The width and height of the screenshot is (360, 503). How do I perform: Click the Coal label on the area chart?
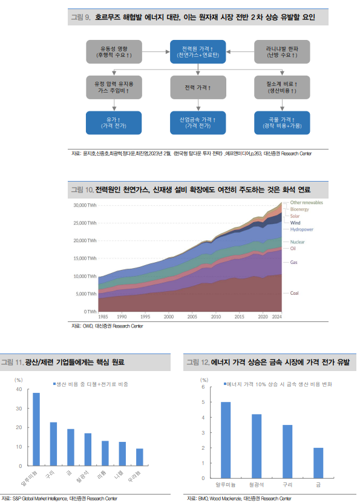pos(295,293)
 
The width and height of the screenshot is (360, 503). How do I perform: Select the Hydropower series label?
pos(301,230)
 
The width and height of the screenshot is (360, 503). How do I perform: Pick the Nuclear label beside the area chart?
pos(298,242)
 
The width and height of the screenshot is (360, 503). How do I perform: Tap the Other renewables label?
pos(306,202)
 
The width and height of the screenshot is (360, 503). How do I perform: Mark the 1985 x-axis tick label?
pos(103,317)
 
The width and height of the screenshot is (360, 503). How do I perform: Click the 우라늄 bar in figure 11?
pos(140,457)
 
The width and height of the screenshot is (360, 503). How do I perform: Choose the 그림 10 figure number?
pos(82,190)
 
